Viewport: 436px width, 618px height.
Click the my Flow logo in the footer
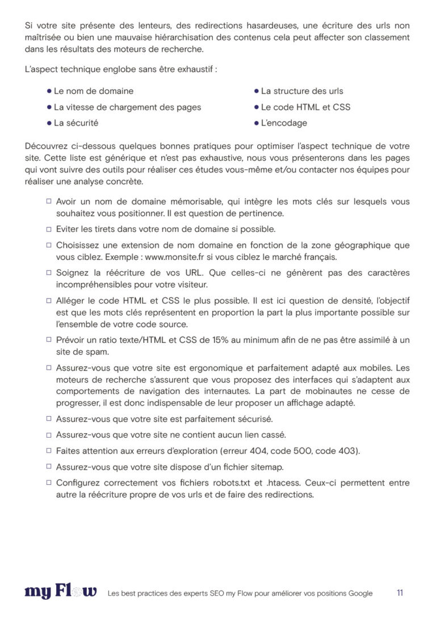click(x=61, y=592)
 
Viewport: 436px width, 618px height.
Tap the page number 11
click(x=400, y=592)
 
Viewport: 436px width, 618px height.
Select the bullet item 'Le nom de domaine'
click(x=94, y=91)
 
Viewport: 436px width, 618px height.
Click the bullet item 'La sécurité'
click(x=76, y=123)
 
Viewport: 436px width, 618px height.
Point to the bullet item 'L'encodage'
click(x=284, y=123)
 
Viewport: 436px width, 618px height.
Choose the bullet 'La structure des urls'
click(x=302, y=91)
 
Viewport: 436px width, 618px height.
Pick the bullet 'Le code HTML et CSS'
click(x=305, y=107)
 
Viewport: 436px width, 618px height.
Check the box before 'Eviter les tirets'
click(x=49, y=229)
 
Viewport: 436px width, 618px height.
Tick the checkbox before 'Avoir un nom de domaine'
click(x=49, y=202)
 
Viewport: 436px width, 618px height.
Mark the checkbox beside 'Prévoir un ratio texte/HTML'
click(x=49, y=339)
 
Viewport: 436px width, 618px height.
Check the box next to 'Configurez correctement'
click(x=49, y=483)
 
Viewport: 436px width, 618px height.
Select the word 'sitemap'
click(x=267, y=467)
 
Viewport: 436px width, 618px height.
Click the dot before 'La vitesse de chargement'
click(x=49, y=107)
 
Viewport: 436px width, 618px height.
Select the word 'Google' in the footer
click(x=359, y=594)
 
